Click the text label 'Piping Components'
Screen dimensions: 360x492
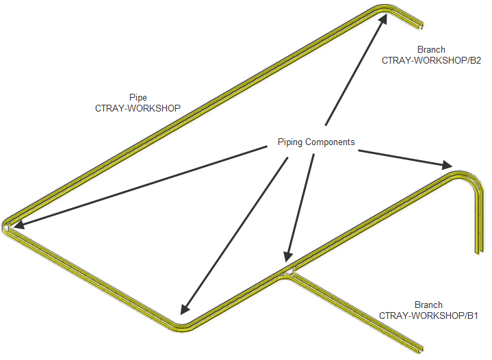point(316,142)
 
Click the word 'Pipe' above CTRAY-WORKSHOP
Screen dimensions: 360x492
point(138,97)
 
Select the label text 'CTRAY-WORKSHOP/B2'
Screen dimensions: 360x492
point(431,60)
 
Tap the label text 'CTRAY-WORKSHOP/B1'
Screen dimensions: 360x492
point(428,316)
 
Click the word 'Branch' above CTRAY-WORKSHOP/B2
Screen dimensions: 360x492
point(431,49)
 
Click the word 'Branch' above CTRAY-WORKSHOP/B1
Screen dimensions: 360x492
point(428,305)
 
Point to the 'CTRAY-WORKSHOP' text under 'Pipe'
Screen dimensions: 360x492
point(138,108)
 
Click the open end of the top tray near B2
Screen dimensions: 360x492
point(419,27)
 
